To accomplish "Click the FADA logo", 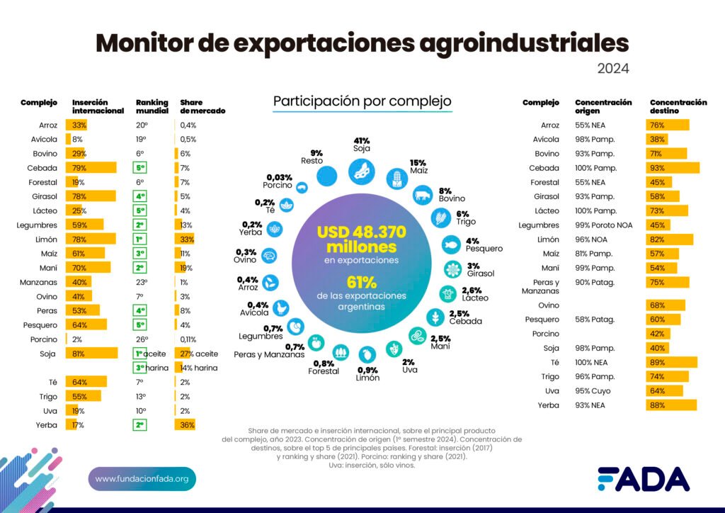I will (x=643, y=480).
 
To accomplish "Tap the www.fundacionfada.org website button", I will (x=142, y=479).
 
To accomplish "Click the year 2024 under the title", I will (x=613, y=69).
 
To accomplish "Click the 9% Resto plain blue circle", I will (x=326, y=175).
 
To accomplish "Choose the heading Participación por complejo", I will (x=362, y=101).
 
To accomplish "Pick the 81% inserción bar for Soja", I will (x=91, y=353).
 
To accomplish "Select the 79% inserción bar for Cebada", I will (x=91, y=168).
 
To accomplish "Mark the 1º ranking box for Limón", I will (x=141, y=239).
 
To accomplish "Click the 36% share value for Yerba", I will (x=184, y=425).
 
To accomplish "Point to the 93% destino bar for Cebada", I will (x=673, y=168).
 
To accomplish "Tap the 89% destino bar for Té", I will (x=671, y=362).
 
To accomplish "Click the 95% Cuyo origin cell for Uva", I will (x=594, y=391).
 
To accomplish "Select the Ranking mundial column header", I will (x=152, y=107).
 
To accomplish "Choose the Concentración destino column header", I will (x=678, y=107).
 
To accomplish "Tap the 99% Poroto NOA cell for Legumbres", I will (x=604, y=225).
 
